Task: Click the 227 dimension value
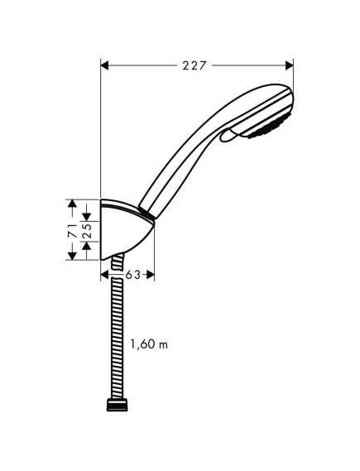[x=194, y=65]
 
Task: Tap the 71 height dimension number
[x=72, y=230]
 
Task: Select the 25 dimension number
[x=87, y=231]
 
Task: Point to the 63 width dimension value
[x=132, y=275]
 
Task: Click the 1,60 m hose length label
[x=149, y=344]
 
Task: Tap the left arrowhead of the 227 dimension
[x=104, y=65]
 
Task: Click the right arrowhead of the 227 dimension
[x=289, y=65]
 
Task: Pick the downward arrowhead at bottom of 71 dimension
[x=72, y=256]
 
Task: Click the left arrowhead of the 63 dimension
[x=104, y=275]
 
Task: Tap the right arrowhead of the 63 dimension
[x=151, y=275]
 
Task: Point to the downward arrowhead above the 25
[x=87, y=217]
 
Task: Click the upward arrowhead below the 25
[x=87, y=246]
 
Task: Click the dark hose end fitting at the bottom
[x=117, y=405]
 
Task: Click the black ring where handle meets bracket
[x=147, y=213]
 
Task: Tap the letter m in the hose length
[x=164, y=345]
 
